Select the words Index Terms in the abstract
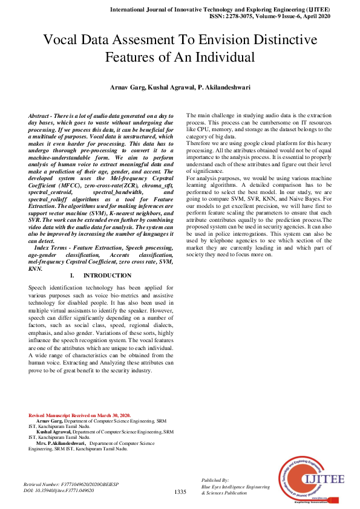tap(51, 248)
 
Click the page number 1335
tap(180, 492)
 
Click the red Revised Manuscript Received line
tap(79, 415)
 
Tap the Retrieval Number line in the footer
tap(63, 485)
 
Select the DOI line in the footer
tap(58, 491)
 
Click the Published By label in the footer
tap(215, 479)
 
